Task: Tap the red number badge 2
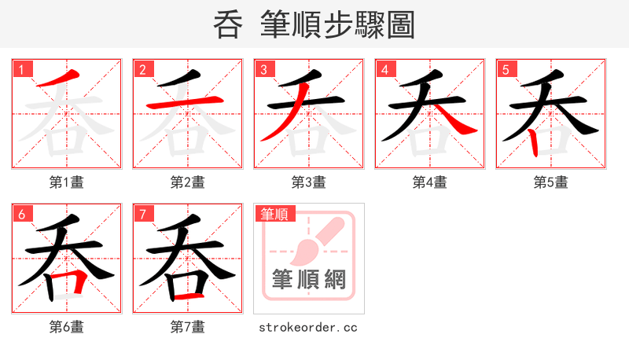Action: [x=143, y=70]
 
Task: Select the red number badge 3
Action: [x=264, y=70]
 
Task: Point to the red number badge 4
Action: [x=385, y=70]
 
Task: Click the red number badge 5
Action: [x=506, y=70]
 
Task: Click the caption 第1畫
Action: [x=67, y=182]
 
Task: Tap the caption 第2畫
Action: [x=188, y=182]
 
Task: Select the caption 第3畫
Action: [x=309, y=182]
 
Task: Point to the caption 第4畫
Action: [x=430, y=182]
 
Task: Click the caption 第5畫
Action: [x=551, y=182]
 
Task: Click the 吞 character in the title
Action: [x=229, y=25]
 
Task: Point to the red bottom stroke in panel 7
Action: [x=189, y=297]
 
